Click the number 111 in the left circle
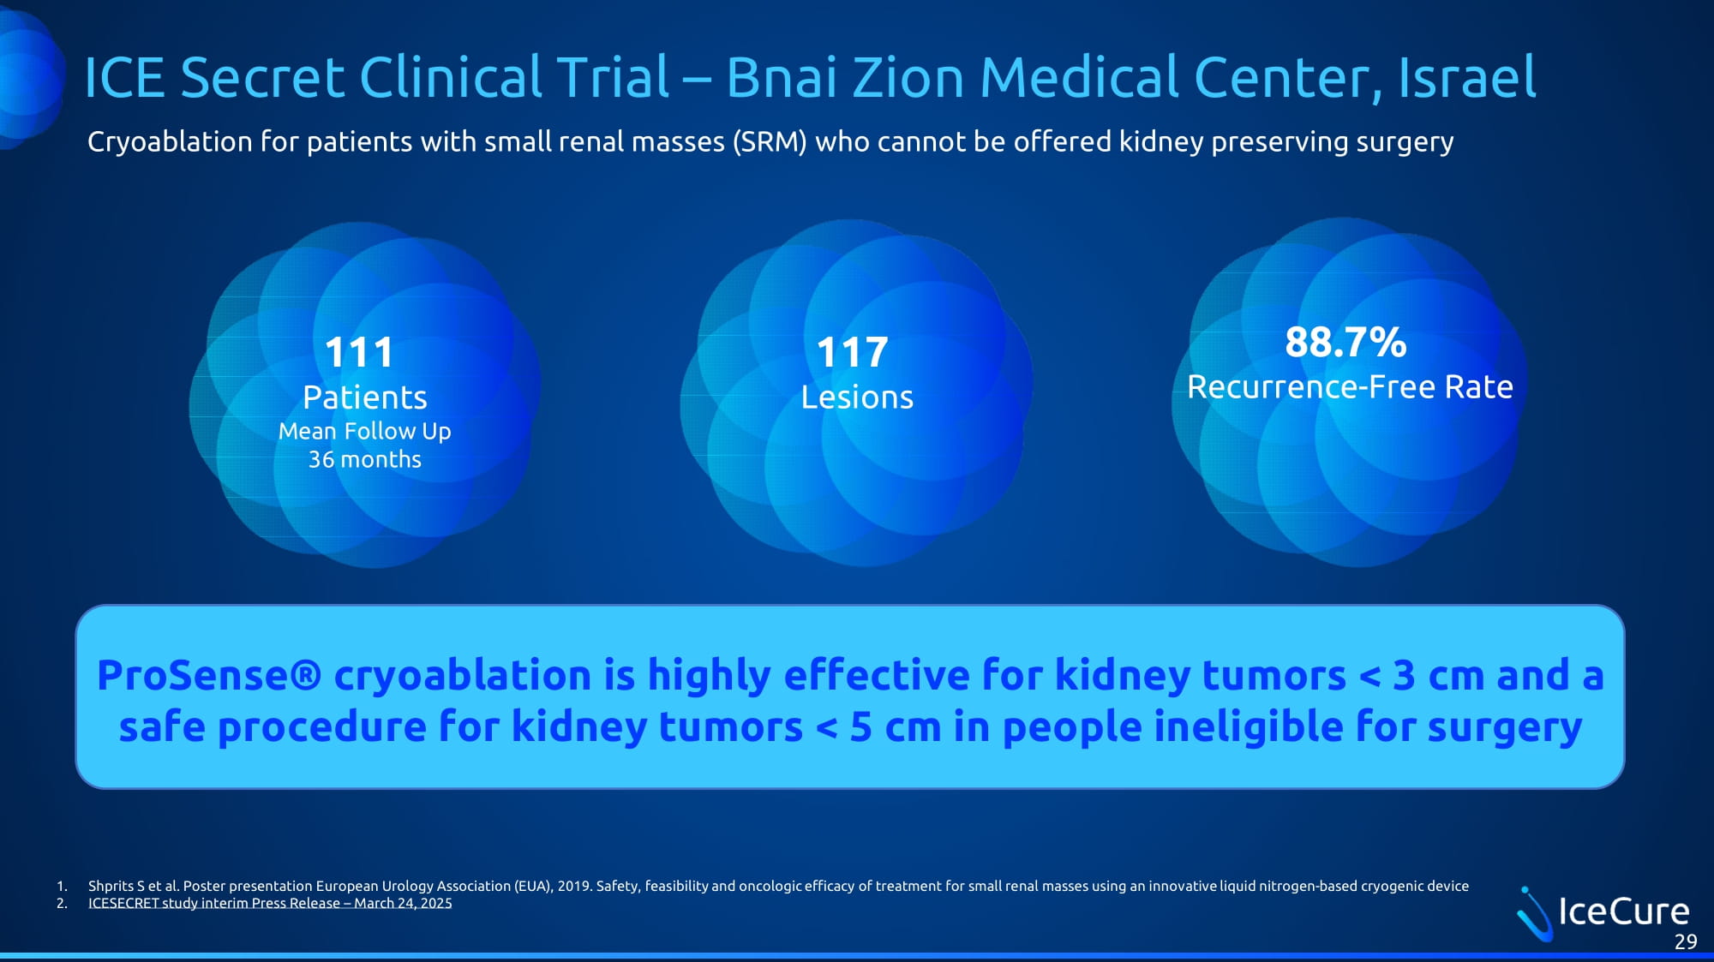359,352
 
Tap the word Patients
364,397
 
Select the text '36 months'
364,459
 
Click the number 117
852,352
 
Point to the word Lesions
857,397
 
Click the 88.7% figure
1345,342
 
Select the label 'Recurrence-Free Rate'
1350,387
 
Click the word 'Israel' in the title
1467,77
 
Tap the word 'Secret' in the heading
262,77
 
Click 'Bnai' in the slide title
782,77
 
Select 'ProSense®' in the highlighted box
209,675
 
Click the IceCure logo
1603,912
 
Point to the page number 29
1686,942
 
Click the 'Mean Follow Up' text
364,431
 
